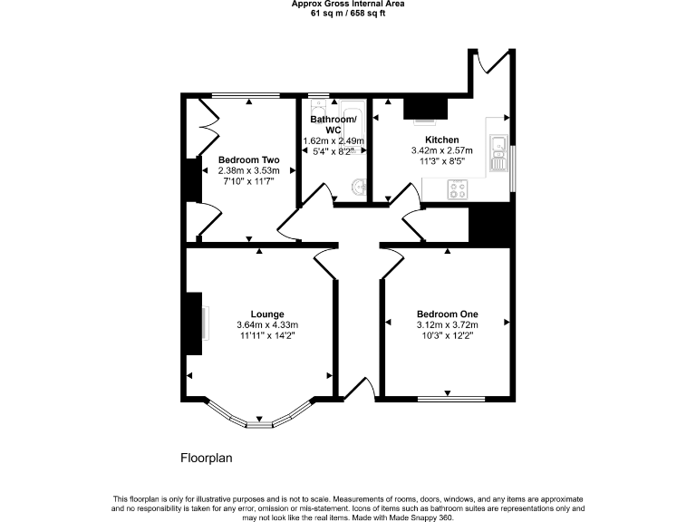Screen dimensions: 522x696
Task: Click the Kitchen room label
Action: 429,140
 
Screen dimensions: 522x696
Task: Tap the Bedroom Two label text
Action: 248,160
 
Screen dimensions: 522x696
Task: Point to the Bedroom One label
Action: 447,314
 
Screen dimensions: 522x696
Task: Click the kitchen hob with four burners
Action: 459,190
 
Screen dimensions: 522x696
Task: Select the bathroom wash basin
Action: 358,188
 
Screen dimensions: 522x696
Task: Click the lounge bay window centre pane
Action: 260,422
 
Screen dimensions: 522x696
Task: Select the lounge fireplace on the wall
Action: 194,324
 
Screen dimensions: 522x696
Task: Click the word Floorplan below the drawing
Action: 207,459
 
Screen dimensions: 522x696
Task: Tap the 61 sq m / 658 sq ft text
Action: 348,14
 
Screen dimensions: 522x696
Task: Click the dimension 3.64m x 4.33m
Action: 267,325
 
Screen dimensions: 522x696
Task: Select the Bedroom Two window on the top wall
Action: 246,94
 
